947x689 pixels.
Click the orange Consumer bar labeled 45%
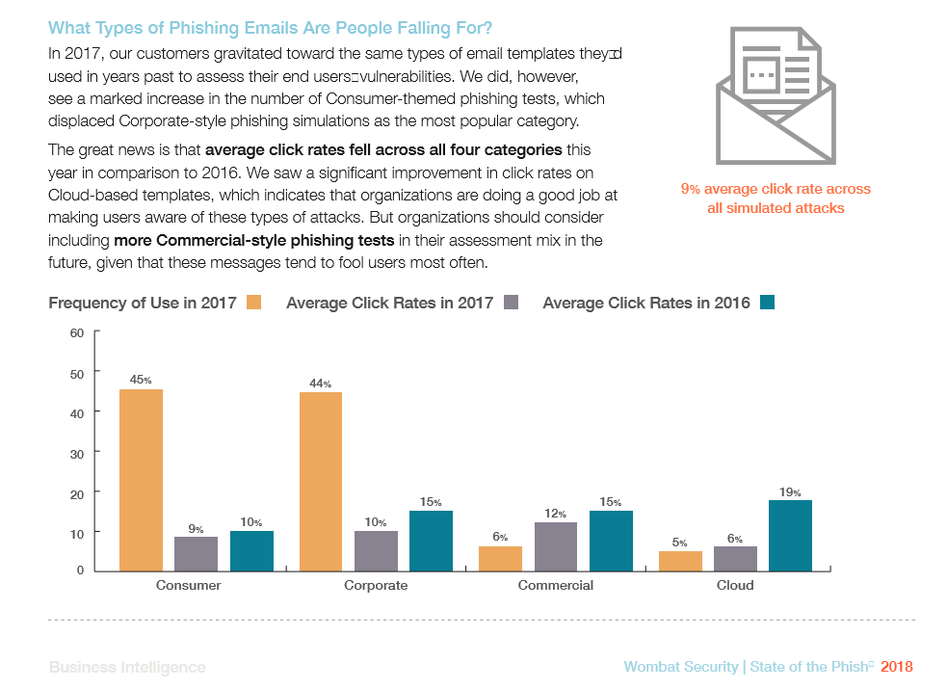141,479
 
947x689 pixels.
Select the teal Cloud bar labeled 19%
791,535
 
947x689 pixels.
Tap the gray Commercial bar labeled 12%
555,546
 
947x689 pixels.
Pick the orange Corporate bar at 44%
321,481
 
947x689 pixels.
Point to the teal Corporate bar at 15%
431,541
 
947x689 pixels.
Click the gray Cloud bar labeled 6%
735,558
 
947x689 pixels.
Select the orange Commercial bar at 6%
500,558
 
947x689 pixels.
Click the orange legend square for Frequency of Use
254,303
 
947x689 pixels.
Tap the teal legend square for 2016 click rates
767,303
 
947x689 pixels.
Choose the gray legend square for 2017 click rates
511,303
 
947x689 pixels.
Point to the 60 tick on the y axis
77,332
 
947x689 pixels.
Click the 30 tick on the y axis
77,453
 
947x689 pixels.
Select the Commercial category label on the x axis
555,585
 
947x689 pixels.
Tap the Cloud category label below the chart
735,585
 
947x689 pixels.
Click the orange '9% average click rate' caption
775,199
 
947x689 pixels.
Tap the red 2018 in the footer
896,667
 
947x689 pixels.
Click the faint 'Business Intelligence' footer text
127,667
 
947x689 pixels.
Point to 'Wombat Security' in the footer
680,667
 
